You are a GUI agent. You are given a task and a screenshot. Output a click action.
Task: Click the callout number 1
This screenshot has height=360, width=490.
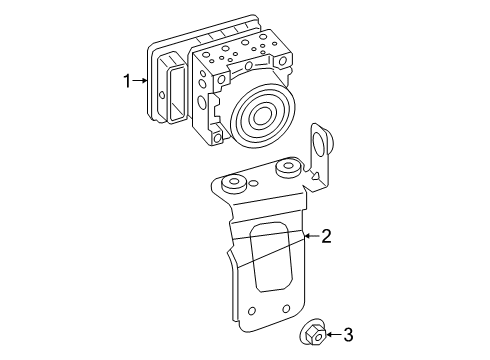click(x=127, y=81)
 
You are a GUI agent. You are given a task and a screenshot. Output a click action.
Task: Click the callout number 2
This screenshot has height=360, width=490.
click(x=325, y=237)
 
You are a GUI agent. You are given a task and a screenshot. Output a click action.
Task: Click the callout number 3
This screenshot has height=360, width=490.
click(x=348, y=333)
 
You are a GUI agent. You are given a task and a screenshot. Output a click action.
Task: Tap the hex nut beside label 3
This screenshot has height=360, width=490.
click(x=310, y=332)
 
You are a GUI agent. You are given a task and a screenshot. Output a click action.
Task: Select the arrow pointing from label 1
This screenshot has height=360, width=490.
click(x=142, y=81)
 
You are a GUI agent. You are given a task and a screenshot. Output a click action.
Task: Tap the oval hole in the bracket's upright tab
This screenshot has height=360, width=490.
click(x=320, y=140)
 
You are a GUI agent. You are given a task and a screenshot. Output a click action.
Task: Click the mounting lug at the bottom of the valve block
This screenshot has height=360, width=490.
click(x=216, y=137)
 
